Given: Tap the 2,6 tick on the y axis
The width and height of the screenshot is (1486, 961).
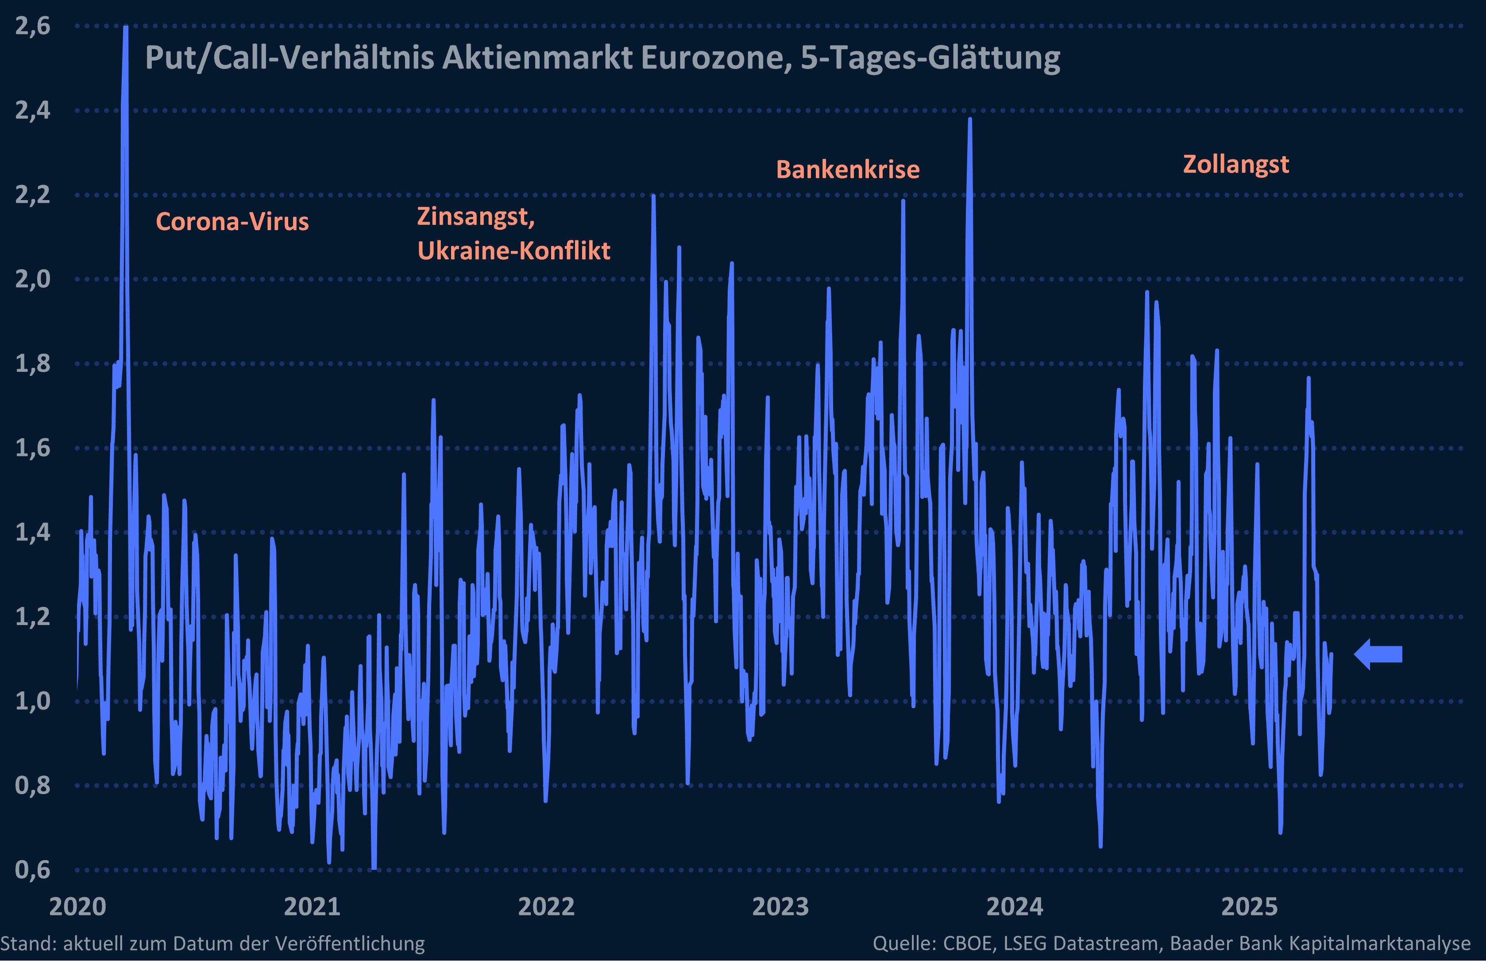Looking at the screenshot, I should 32,26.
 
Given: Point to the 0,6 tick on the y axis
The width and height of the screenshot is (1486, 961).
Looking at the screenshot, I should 32,869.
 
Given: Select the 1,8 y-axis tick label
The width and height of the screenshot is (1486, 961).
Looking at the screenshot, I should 32,363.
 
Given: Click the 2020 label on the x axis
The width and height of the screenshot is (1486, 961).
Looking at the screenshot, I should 77,907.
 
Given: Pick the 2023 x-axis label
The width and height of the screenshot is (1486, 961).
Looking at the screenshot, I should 780,907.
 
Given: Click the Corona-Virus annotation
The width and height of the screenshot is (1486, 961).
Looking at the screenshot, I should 232,221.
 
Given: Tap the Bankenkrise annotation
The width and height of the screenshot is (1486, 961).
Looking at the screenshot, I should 848,170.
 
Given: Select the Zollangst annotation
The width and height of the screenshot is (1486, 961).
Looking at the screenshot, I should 1236,164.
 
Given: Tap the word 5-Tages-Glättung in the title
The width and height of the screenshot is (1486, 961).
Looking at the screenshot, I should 930,58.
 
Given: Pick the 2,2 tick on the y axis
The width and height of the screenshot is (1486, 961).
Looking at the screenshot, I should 32,195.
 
